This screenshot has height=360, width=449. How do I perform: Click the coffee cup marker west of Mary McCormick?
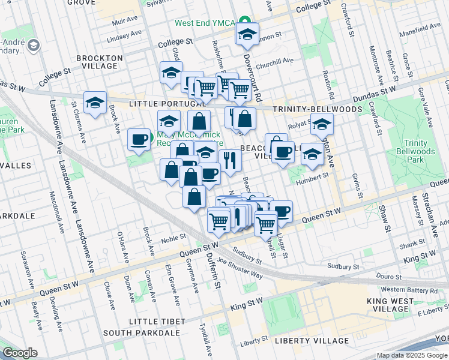[140, 140]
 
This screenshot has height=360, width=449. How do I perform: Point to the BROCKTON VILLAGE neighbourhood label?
[100, 58]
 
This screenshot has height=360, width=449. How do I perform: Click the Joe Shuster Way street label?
[241, 268]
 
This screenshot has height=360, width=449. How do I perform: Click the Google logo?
[20, 353]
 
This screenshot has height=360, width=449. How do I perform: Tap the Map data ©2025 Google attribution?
[411, 355]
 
